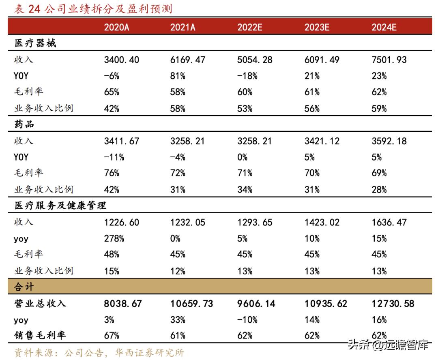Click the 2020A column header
tap(116, 27)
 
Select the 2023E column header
tap(317, 27)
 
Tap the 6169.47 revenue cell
tap(188, 60)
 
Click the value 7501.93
tap(389, 60)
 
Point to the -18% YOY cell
tap(247, 76)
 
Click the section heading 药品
tap(25, 124)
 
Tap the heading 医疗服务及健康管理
tap(60, 206)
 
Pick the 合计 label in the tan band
tap(25, 287)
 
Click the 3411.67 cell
tap(122, 141)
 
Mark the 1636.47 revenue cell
tap(389, 222)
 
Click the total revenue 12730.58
tap(393, 303)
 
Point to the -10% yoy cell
tap(247, 319)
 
